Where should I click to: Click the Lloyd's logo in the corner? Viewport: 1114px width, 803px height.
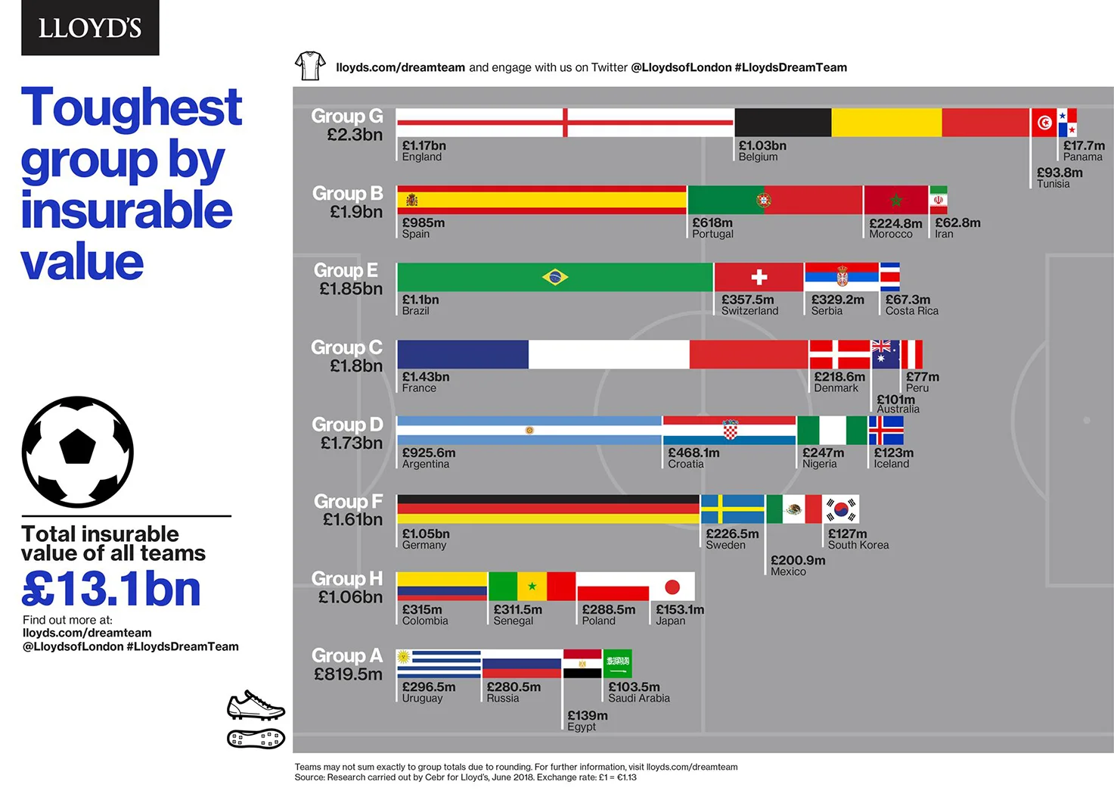click(x=90, y=28)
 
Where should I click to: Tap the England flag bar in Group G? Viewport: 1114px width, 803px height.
click(x=564, y=123)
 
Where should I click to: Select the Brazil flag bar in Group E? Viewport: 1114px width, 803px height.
click(x=554, y=277)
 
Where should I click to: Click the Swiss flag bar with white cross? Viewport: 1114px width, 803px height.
click(x=759, y=277)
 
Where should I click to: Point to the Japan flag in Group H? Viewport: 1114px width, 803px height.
click(x=672, y=587)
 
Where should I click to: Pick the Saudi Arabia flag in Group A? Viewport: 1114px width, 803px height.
click(x=617, y=663)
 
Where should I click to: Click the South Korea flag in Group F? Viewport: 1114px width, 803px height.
click(x=840, y=509)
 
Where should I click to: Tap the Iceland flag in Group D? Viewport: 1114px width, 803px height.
click(x=886, y=431)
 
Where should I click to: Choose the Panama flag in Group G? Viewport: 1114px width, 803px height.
click(x=1067, y=123)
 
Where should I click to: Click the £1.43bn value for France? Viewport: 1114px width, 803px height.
click(x=426, y=377)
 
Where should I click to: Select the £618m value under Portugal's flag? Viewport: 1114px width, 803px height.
click(x=712, y=223)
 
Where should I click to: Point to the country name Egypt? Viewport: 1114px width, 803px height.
click(x=582, y=727)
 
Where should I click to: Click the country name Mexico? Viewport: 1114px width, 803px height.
click(x=788, y=571)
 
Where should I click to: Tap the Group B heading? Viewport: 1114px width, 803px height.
click(x=347, y=194)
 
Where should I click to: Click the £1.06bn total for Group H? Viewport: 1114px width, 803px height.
click(x=350, y=597)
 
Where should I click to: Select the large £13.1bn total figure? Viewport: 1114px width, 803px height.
click(x=112, y=589)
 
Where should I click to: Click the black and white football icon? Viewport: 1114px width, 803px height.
click(x=78, y=452)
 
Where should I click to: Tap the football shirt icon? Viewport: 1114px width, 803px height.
click(x=310, y=66)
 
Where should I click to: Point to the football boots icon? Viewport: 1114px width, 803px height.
click(x=256, y=720)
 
